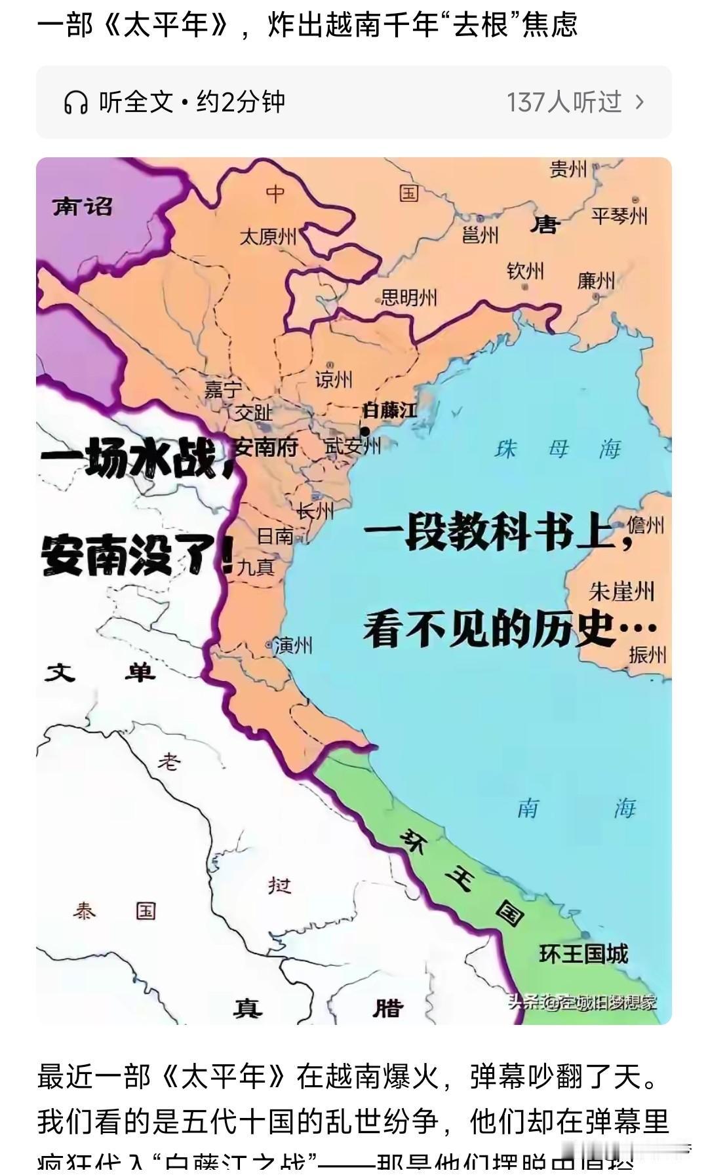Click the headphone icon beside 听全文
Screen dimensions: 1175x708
pyautogui.click(x=76, y=102)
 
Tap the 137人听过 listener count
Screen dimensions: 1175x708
pyautogui.click(x=563, y=102)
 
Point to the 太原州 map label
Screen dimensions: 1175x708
pyautogui.click(x=268, y=236)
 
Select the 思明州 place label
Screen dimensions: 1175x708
pyautogui.click(x=409, y=298)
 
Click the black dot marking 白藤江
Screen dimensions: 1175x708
pyautogui.click(x=365, y=431)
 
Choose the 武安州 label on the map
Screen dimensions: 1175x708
pyautogui.click(x=353, y=447)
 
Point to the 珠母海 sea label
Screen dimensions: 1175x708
pyautogui.click(x=557, y=449)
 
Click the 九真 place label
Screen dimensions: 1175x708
pyautogui.click(x=256, y=567)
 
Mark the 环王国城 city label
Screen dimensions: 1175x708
pyautogui.click(x=583, y=953)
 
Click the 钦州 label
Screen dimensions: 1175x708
pyautogui.click(x=525, y=271)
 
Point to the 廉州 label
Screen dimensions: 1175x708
pyautogui.click(x=596, y=280)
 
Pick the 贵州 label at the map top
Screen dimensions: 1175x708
pyautogui.click(x=568, y=169)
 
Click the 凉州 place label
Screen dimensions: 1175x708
pyautogui.click(x=334, y=379)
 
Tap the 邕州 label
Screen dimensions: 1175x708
pyautogui.click(x=480, y=235)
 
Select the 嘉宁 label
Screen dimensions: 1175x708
pyautogui.click(x=224, y=389)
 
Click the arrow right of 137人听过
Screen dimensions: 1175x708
pyautogui.click(x=640, y=102)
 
